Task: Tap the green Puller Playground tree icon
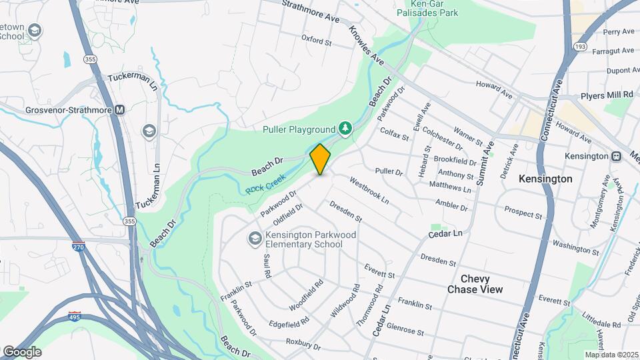[x=345, y=127]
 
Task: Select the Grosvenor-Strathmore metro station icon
[x=119, y=110]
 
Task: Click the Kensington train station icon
[x=617, y=156]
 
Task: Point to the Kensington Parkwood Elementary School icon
[x=254, y=238]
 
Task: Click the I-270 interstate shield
[x=79, y=247]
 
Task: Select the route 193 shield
[x=579, y=46]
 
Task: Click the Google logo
[x=21, y=352]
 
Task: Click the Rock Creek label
[x=265, y=184]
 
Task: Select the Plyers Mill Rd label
[x=606, y=95]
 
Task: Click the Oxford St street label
[x=316, y=41]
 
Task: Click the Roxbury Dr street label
[x=303, y=345]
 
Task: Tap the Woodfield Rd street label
[x=307, y=295]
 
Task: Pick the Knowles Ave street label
[x=368, y=46]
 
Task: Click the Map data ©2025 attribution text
[x=611, y=355]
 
